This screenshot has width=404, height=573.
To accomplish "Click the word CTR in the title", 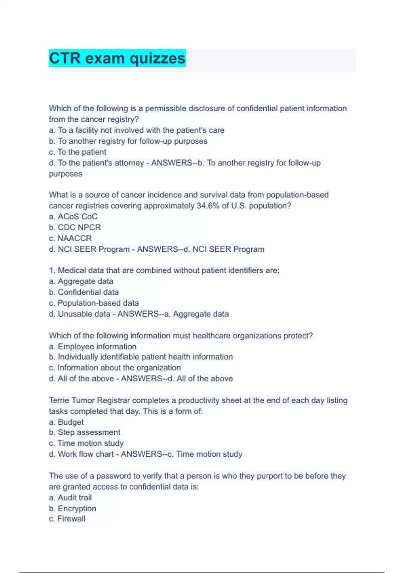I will click(65, 58).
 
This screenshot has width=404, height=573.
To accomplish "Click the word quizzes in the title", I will click(158, 58).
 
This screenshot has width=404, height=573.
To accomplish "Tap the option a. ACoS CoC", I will click(73, 216).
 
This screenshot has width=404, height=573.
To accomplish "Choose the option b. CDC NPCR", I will click(75, 227).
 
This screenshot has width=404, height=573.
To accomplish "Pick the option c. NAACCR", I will click(70, 238).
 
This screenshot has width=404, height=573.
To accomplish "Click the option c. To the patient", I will click(77, 152).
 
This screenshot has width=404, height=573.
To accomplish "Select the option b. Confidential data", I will click(84, 292).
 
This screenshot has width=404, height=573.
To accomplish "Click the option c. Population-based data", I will click(94, 303).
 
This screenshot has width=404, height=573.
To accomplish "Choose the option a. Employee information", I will click(93, 346).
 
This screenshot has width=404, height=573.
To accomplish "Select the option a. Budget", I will click(66, 422).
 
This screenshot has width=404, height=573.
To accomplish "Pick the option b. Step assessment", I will click(85, 432).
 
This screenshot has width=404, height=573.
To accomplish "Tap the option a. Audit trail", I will click(70, 497).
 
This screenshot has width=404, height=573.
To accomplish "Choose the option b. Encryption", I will click(72, 508).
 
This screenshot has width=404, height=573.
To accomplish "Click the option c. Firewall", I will click(67, 519).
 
